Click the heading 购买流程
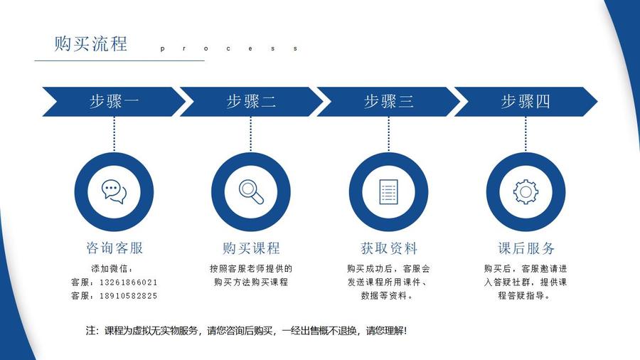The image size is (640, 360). [91, 43]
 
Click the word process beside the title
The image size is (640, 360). [228, 49]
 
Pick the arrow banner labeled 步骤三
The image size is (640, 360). [388, 102]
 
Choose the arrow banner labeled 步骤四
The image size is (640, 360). [526, 102]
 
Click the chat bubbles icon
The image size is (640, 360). [114, 191]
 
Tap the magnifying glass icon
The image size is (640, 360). [251, 191]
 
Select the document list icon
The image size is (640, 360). [388, 191]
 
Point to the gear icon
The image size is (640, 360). [526, 191]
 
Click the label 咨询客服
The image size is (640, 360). [114, 248]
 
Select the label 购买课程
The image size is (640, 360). [251, 248]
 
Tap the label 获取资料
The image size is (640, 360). [388, 248]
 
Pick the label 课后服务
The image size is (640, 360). [526, 248]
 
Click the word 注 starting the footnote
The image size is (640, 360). [90, 331]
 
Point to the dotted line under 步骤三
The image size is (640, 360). [388, 133]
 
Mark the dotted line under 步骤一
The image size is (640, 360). [114, 133]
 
